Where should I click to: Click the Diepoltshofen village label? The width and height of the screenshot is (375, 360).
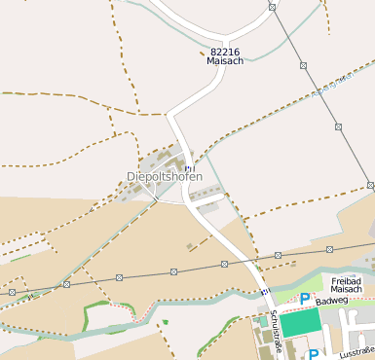point(165,177)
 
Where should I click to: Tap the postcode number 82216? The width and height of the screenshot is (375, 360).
point(224,52)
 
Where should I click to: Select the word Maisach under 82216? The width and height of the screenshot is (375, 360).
point(224,61)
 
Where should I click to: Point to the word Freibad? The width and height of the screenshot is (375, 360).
point(347,280)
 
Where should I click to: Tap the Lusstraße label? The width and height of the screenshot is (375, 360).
point(356,351)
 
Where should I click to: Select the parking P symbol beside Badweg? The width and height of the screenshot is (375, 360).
point(305,299)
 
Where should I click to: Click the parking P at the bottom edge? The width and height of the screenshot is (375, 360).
point(314,354)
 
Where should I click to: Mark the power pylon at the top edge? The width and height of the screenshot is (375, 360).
point(272,7)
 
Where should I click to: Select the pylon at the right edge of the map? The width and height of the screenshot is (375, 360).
point(371,185)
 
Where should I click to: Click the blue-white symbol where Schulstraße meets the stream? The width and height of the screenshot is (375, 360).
point(264,292)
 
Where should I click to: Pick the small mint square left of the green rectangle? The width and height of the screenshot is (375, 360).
point(263,321)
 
